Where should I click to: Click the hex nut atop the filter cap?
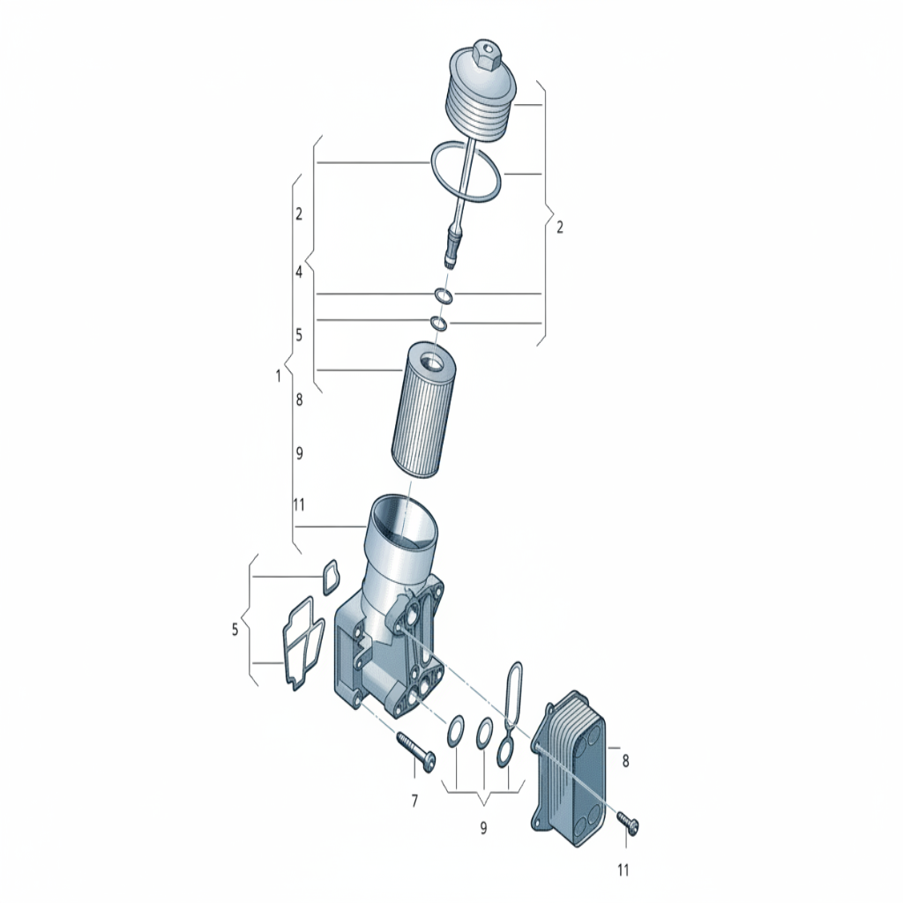(485, 55)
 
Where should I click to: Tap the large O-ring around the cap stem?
(466, 172)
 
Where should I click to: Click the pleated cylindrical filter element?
(421, 410)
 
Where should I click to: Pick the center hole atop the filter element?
(432, 363)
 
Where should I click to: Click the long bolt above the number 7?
(415, 751)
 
